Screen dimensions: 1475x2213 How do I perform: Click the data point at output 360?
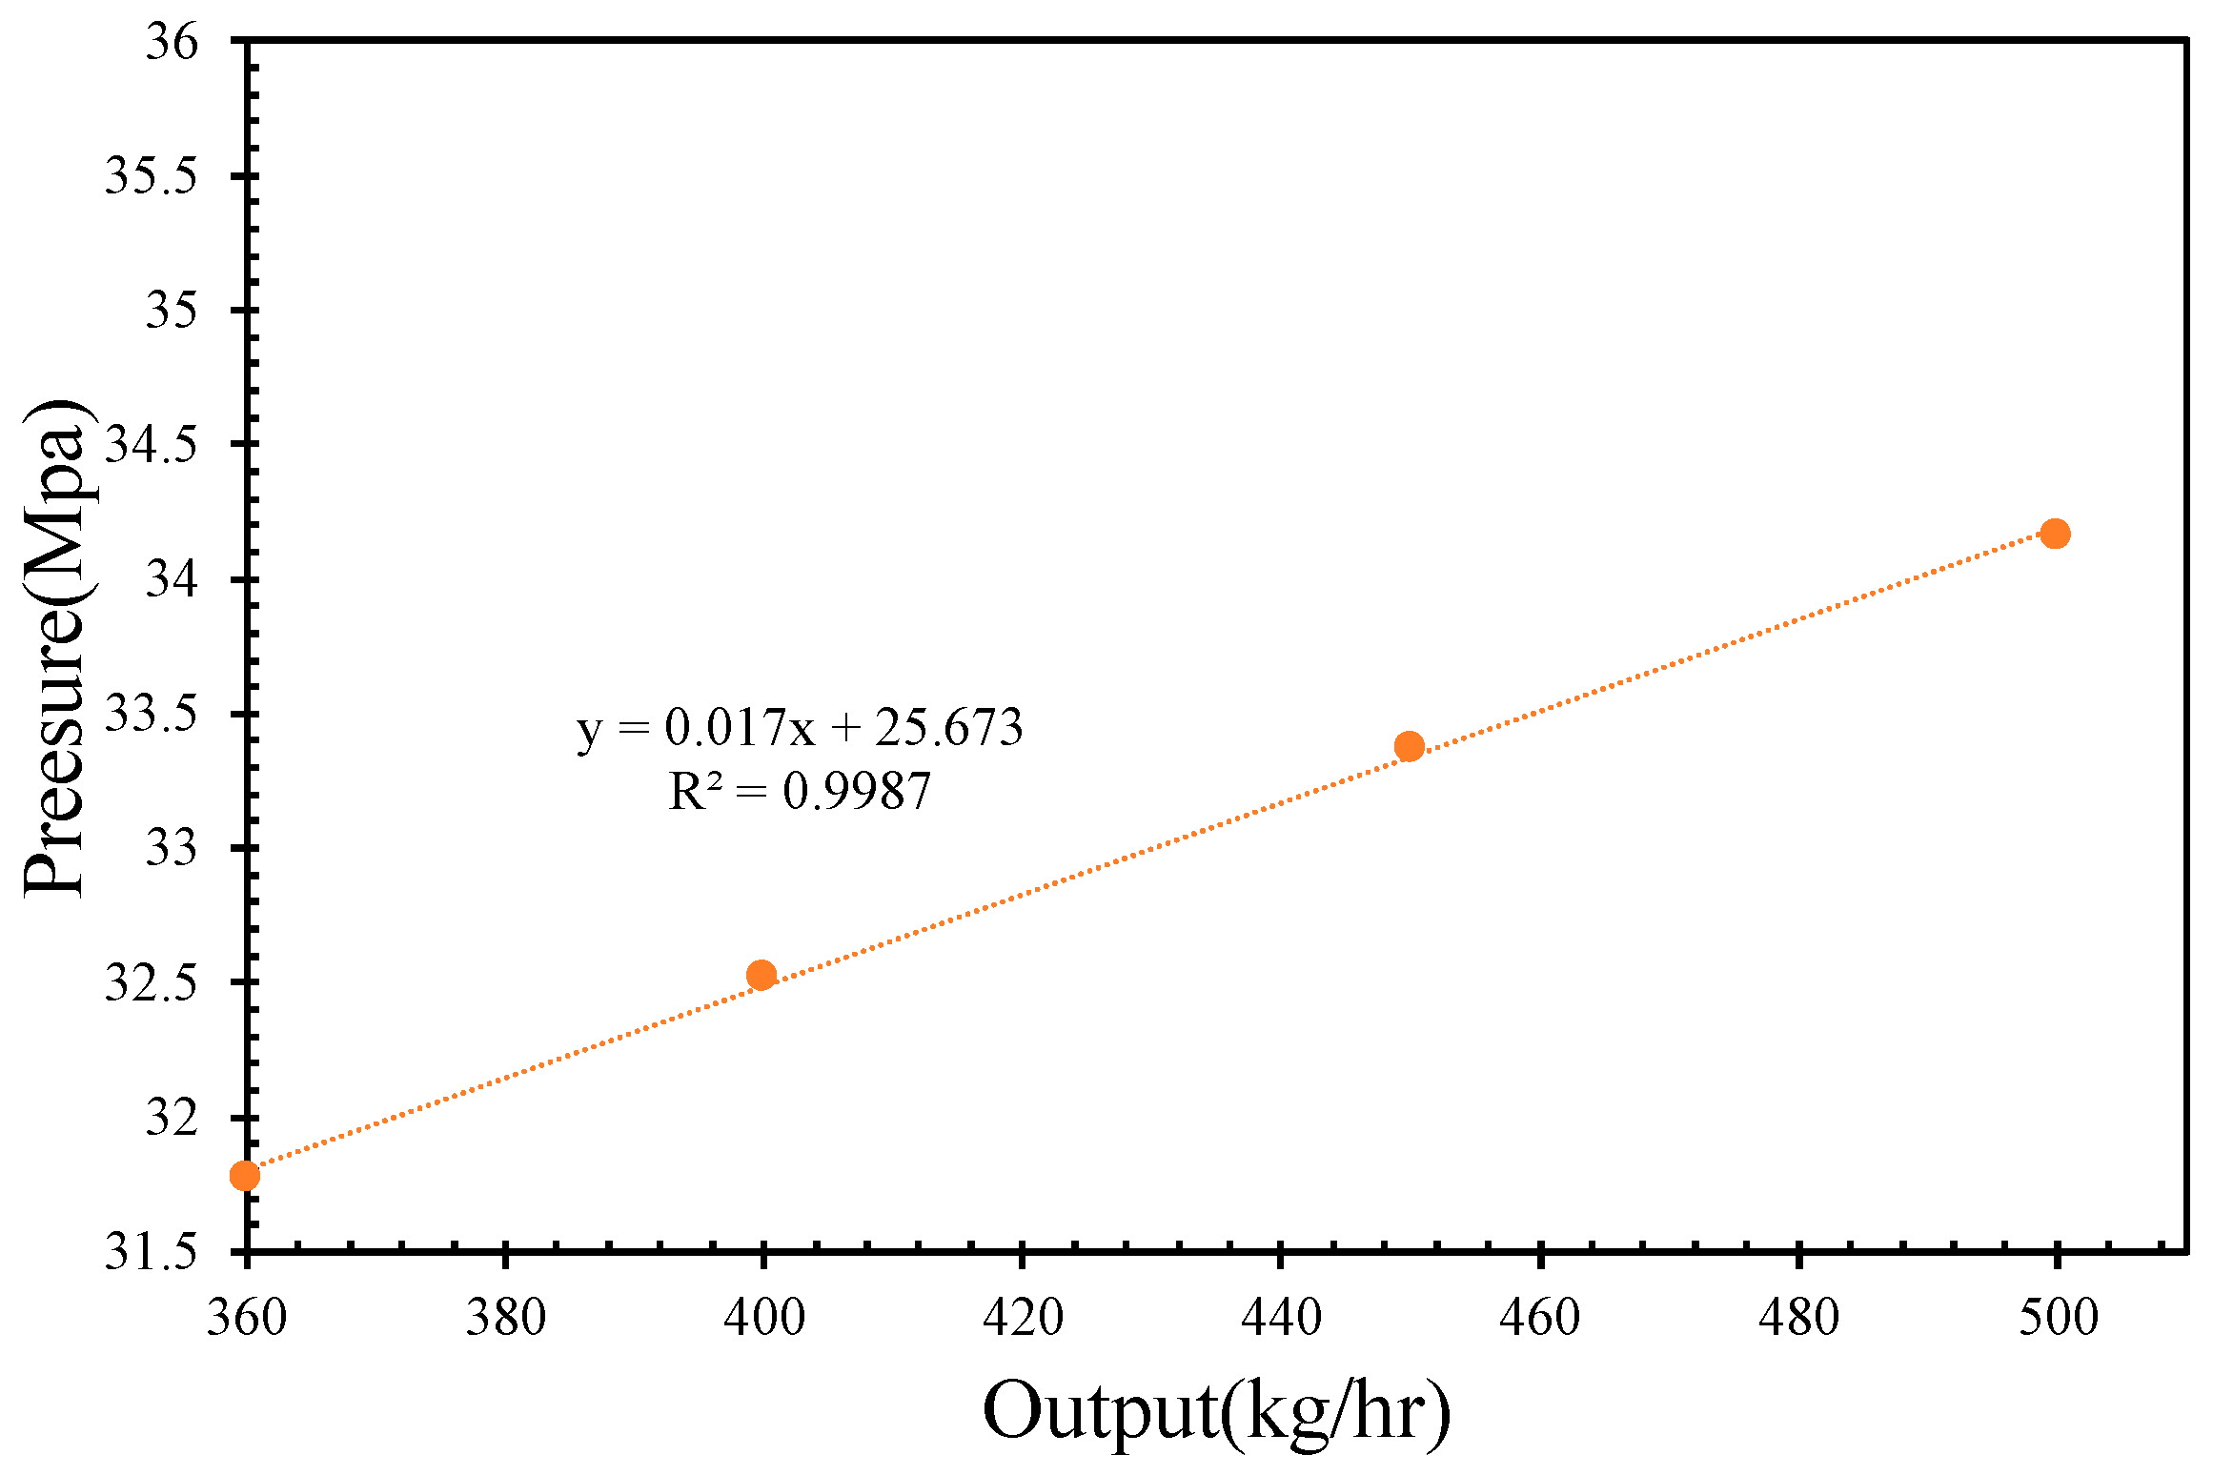coord(245,1176)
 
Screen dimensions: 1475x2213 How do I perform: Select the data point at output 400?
coord(761,975)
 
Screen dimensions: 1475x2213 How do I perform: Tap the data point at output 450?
coord(1409,746)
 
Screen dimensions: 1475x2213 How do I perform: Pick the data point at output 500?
coord(2055,534)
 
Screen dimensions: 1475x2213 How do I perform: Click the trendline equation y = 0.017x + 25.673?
coord(800,728)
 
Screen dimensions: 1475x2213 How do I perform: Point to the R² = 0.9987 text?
coord(800,792)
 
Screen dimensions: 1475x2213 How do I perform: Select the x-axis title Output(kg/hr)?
coord(1216,1411)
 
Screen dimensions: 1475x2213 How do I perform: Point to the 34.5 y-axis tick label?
coord(151,445)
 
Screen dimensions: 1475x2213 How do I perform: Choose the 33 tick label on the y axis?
coord(172,848)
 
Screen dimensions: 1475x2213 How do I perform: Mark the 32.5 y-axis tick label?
coord(151,982)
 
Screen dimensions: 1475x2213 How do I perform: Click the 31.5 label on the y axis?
coord(151,1251)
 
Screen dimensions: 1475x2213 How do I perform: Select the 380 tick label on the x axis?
coord(505,1319)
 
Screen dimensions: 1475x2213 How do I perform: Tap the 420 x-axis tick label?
coord(1023,1319)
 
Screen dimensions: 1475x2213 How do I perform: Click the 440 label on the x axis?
coord(1281,1319)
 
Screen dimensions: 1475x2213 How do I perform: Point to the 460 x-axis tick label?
coord(1540,1319)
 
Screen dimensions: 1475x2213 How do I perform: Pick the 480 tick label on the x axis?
coord(1798,1319)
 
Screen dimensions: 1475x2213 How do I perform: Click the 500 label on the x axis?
coord(2058,1319)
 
